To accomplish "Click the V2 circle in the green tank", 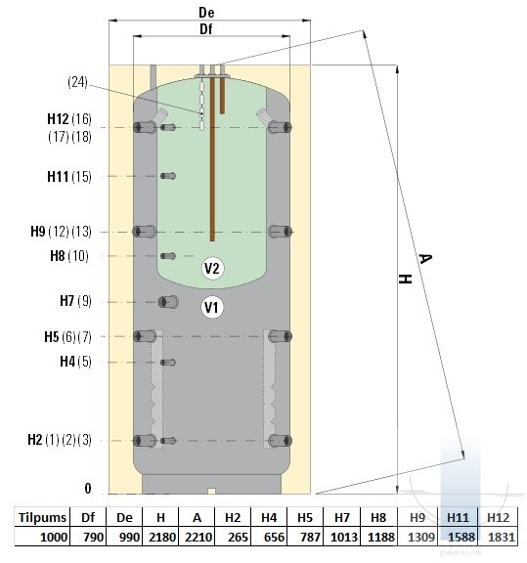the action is click(212, 268).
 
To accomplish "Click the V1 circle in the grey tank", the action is click(212, 307).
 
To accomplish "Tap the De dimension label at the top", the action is click(206, 13).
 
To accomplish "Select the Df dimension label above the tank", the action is click(206, 29).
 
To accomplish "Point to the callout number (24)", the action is click(77, 82).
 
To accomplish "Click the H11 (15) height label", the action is click(69, 177).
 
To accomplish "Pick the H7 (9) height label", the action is click(75, 300).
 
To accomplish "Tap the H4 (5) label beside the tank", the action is click(75, 362).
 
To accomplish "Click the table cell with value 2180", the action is click(160, 537).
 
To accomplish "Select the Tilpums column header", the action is click(42, 517).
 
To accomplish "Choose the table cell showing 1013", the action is click(341, 537).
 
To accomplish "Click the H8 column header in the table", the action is click(378, 517).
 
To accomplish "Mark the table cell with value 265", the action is click(233, 537).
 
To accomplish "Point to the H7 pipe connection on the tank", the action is click(168, 302).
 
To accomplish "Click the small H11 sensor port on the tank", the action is click(168, 176).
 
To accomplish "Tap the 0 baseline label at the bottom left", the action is click(88, 489).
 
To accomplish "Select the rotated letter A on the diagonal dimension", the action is click(425, 258).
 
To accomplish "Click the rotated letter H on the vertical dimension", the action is click(405, 279).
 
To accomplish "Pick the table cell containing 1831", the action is click(499, 537).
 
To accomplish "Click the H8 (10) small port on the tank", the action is click(168, 256).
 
